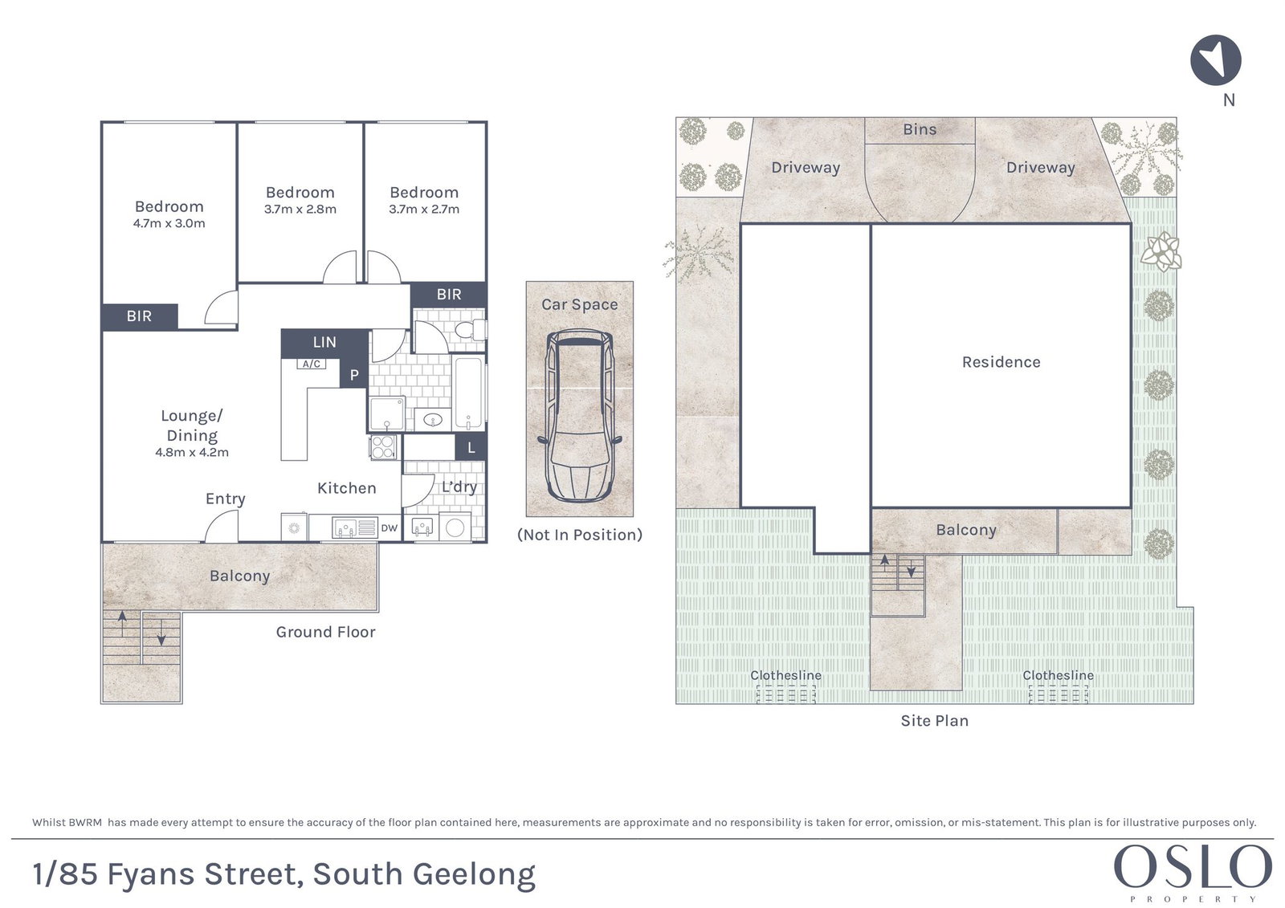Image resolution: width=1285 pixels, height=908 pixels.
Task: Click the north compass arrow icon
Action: (1216, 59)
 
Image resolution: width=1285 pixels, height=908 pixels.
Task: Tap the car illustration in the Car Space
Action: (579, 415)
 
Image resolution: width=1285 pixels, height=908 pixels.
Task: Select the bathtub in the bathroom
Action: (469, 393)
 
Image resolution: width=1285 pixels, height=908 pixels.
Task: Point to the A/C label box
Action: (312, 364)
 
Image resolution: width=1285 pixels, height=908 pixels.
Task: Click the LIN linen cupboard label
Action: (324, 343)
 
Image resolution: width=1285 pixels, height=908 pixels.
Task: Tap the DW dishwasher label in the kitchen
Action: (389, 528)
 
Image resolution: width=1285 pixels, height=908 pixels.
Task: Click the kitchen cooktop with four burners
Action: (382, 447)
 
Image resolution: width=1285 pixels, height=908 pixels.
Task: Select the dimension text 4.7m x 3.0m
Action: (169, 223)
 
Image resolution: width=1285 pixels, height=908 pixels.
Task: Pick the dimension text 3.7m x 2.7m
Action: (424, 209)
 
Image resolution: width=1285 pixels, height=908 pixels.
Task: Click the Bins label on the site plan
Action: (920, 129)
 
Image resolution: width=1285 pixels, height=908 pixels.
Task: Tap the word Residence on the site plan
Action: (1001, 362)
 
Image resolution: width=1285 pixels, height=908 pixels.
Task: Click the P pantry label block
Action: (354, 375)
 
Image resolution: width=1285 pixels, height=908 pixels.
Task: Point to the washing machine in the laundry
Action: (455, 527)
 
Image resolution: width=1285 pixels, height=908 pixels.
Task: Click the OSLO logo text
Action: (1193, 866)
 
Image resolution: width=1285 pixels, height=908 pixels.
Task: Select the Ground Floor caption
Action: (326, 632)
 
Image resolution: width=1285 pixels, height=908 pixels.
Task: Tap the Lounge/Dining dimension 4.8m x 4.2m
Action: (192, 452)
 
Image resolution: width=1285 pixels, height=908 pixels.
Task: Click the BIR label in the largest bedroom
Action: (140, 316)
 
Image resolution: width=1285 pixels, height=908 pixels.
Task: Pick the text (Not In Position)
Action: (579, 535)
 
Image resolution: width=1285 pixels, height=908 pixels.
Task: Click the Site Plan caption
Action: (935, 720)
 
